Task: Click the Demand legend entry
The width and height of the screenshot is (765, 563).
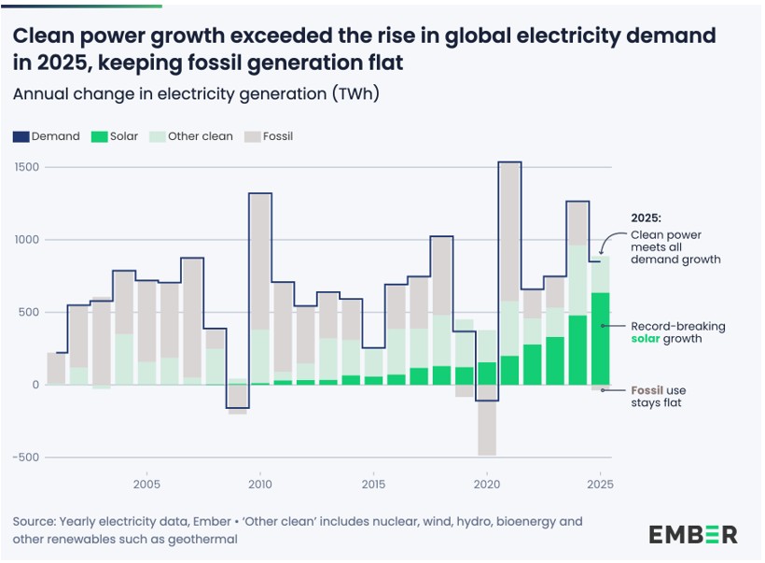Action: point(47,136)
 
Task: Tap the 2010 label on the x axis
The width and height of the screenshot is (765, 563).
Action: point(259,485)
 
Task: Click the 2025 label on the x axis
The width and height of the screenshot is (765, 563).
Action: point(600,485)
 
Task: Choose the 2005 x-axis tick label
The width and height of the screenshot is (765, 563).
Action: point(146,485)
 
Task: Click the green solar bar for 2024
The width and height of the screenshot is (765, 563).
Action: point(577,350)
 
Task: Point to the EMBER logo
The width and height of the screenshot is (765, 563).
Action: point(692,535)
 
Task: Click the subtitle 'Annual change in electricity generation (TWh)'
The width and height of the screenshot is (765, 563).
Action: point(195,93)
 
